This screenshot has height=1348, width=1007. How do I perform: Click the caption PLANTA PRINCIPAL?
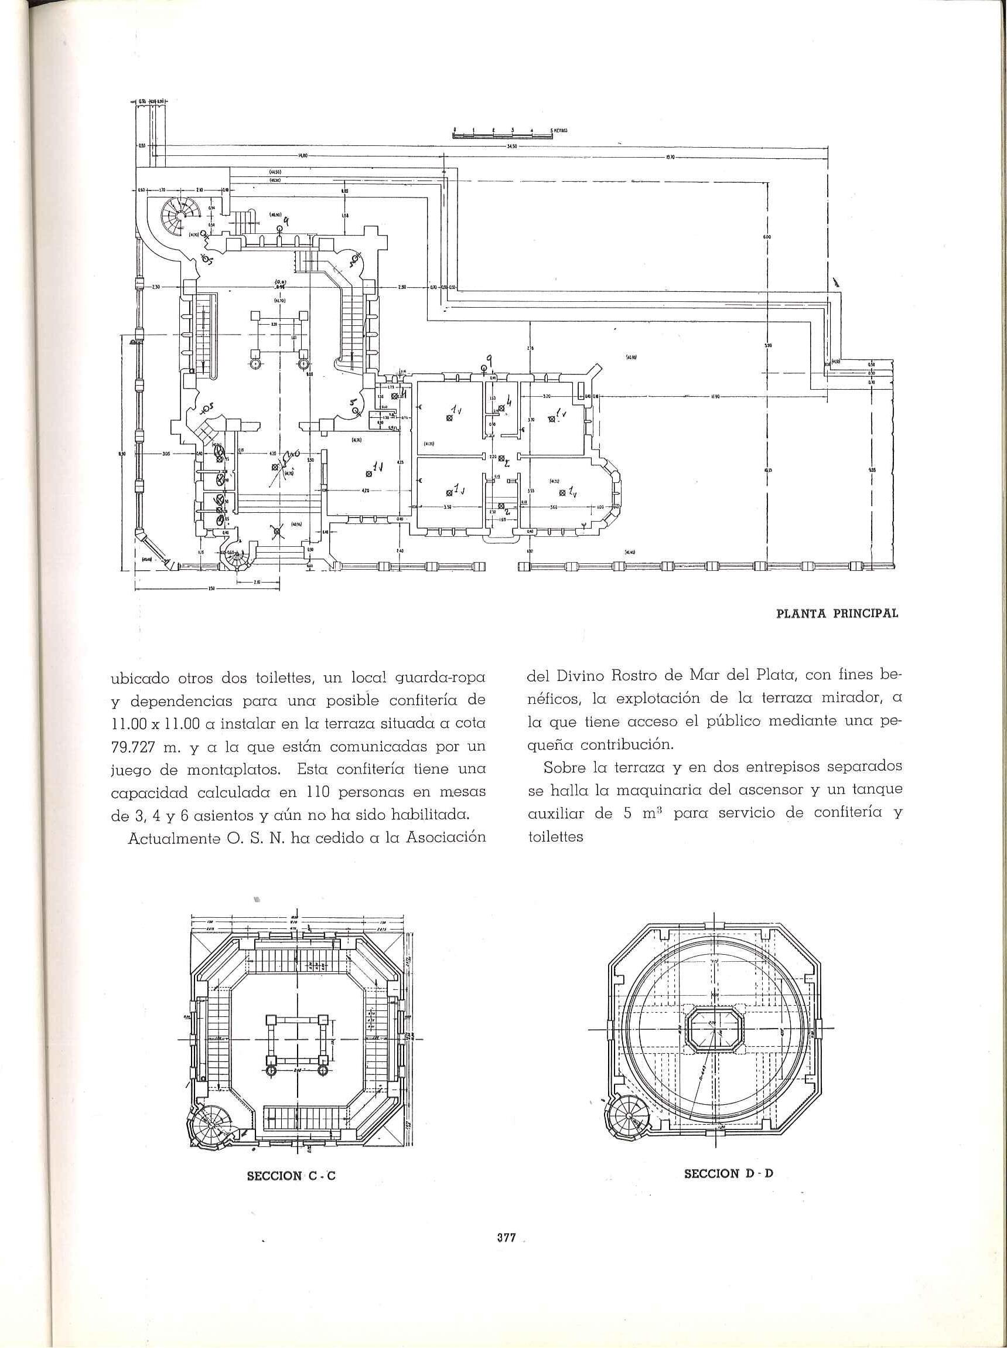[837, 614]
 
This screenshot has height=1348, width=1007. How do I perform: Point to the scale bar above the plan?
[502, 136]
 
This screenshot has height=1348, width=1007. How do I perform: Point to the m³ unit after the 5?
[648, 813]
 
